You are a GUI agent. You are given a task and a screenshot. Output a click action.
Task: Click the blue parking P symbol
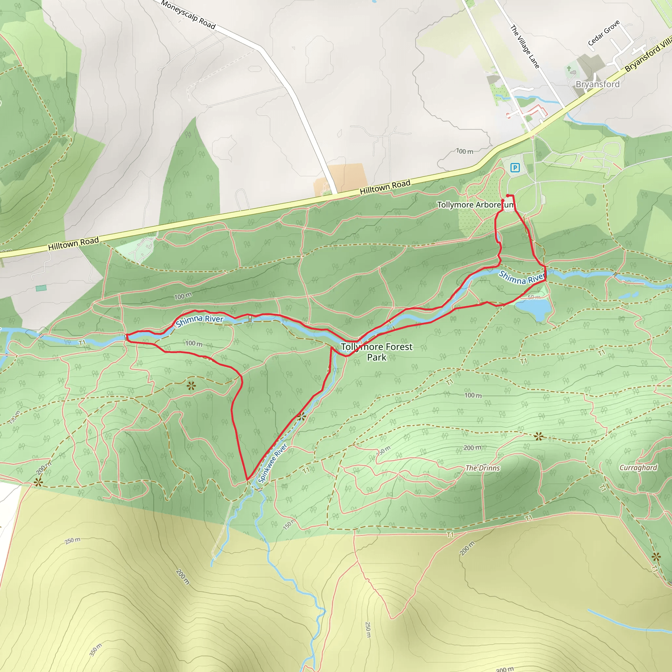515,168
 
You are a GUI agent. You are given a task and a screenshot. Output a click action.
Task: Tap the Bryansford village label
598,84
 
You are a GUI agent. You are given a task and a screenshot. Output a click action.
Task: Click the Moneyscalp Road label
189,15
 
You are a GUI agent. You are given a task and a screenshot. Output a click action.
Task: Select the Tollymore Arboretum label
475,205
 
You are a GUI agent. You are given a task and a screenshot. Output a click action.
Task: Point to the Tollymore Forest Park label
377,352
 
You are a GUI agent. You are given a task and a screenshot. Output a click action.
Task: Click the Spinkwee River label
273,463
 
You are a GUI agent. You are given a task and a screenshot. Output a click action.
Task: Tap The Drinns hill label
483,468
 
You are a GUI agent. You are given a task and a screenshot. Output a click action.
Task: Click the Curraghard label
638,468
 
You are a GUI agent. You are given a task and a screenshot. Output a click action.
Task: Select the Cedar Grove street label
604,33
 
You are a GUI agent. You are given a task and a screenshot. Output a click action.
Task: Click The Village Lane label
525,47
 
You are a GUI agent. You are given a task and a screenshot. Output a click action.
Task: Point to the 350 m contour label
96,650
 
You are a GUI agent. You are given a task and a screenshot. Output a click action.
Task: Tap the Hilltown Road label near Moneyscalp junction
385,187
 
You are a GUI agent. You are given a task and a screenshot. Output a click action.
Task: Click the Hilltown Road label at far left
73,243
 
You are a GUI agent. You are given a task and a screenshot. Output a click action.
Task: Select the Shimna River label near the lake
522,278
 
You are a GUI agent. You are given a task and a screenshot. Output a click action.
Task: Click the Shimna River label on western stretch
199,320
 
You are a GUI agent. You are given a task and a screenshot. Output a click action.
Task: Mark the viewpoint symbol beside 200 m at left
38,482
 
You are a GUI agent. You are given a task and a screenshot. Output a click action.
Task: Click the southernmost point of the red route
247,480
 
